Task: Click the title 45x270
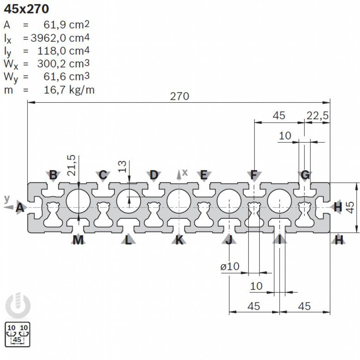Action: tap(26, 9)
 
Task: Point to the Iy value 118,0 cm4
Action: tap(63, 50)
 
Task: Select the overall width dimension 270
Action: tap(179, 96)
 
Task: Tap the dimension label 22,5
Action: tap(317, 115)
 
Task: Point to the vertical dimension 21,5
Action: tap(72, 165)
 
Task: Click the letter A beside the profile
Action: tap(20, 208)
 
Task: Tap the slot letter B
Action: tap(53, 174)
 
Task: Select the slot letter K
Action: tap(179, 240)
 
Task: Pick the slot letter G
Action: tap(306, 174)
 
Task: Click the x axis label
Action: tap(185, 172)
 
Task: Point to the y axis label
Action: tap(7, 199)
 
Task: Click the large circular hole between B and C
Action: tap(78, 201)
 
